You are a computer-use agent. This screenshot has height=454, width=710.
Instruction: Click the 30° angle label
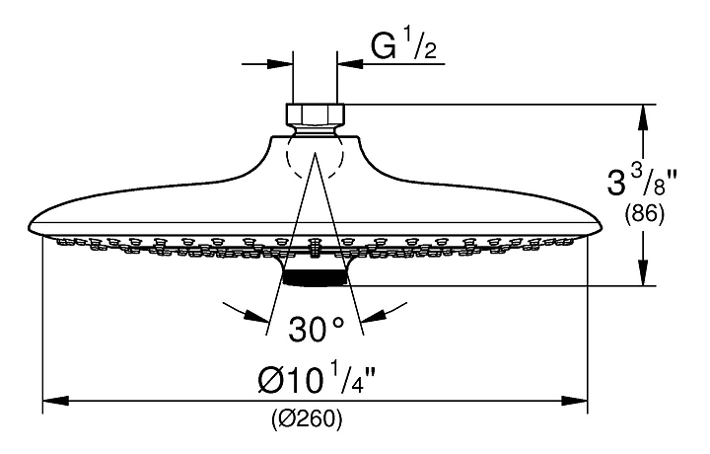click(x=316, y=326)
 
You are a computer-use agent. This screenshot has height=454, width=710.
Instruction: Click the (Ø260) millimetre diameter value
click(x=307, y=418)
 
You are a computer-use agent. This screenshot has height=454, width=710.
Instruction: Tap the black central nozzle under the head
click(x=316, y=278)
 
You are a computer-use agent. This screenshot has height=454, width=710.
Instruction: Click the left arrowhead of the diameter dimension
click(x=52, y=401)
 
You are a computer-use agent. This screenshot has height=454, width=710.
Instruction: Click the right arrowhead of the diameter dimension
click(x=579, y=401)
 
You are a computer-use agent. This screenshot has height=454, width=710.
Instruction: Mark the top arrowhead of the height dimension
click(x=644, y=114)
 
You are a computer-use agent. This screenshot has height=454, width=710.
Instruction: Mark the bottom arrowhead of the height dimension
click(x=644, y=275)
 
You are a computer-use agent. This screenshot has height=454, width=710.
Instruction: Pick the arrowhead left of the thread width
click(x=282, y=64)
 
